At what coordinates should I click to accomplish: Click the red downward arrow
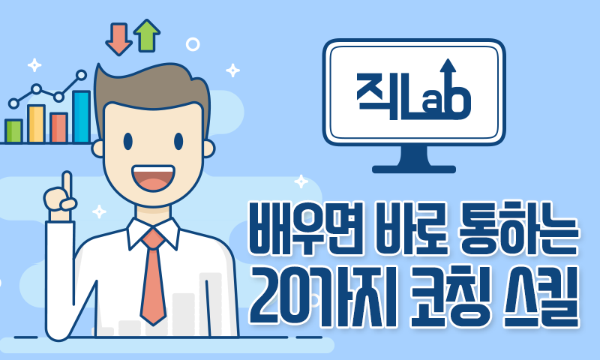click(x=119, y=39)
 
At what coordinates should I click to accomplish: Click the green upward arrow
click(x=147, y=35)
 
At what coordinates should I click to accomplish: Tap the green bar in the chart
click(x=13, y=130)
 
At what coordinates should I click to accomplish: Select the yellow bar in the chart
click(x=36, y=124)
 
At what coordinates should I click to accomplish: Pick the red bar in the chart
click(x=59, y=127)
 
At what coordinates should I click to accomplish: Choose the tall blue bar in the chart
click(x=82, y=117)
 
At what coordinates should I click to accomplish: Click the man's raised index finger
click(x=67, y=185)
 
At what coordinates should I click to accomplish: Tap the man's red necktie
click(x=154, y=276)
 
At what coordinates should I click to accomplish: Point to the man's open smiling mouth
click(x=153, y=178)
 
